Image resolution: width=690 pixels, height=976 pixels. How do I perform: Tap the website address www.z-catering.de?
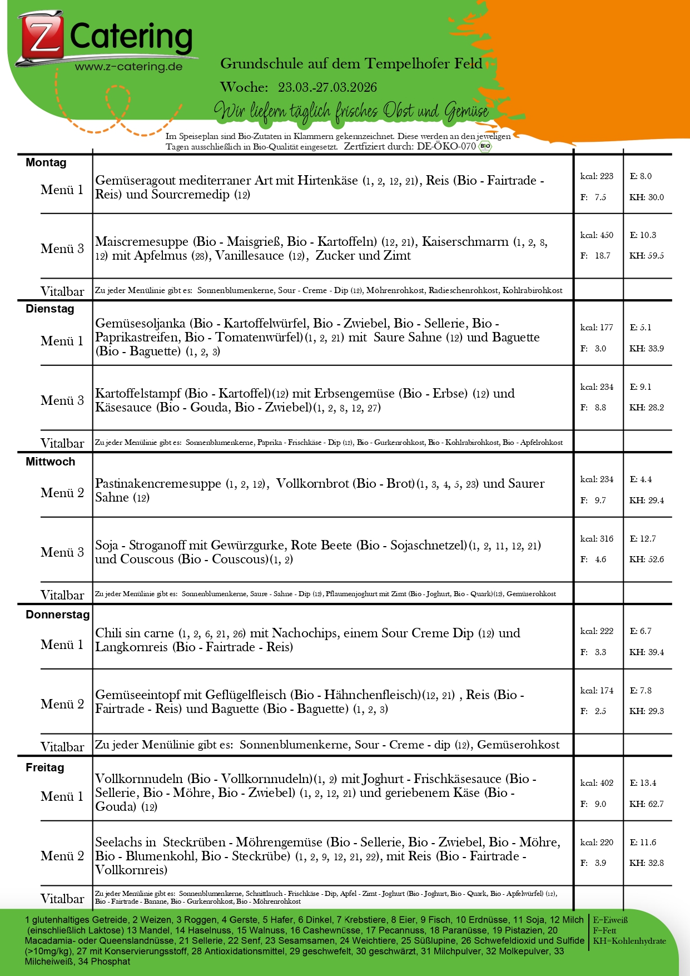click(129, 67)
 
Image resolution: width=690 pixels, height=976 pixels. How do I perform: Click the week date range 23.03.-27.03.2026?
click(327, 87)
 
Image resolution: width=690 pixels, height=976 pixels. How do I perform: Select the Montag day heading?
click(46, 162)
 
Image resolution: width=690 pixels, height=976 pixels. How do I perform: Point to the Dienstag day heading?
click(50, 309)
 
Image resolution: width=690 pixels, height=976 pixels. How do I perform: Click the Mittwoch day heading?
click(51, 462)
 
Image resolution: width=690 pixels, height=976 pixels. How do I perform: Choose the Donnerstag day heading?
click(58, 615)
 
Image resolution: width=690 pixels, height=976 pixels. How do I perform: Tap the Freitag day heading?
click(45, 767)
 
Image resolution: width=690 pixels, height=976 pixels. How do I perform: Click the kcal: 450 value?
click(597, 235)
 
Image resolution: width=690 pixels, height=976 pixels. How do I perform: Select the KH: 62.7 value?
click(647, 804)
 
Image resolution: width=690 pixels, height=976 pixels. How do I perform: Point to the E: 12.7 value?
click(643, 538)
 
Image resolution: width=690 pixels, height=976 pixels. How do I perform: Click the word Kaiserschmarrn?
click(465, 242)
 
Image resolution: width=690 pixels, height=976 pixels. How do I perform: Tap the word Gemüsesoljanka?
click(140, 324)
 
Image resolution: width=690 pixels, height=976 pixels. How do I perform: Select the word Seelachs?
click(119, 843)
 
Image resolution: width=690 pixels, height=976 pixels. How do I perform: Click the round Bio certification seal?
click(485, 146)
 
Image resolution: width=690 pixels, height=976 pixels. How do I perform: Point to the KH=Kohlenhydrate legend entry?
click(629, 941)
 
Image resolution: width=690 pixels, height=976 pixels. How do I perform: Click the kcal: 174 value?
click(597, 691)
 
